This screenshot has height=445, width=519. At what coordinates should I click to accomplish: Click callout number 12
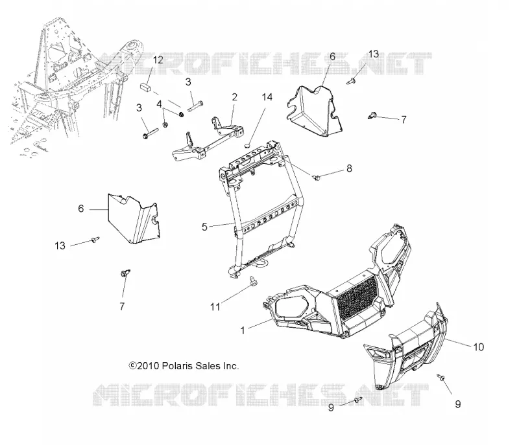coord(158,60)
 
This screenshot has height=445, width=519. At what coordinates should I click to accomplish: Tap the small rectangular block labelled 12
coord(145,87)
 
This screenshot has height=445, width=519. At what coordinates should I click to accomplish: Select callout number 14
coord(267,97)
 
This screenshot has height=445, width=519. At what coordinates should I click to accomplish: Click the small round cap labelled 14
coord(248,146)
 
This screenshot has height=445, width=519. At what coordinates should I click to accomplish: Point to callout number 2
coord(235,97)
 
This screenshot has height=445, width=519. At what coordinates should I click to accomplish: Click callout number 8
coord(349,168)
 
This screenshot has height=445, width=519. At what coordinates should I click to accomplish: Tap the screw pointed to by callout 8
coord(317,178)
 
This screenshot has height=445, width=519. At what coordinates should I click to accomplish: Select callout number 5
coord(204,227)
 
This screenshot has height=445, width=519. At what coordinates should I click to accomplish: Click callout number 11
coord(215,307)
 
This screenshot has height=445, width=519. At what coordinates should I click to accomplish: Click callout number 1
coord(243,330)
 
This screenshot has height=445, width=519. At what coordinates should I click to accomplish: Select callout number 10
coord(479,347)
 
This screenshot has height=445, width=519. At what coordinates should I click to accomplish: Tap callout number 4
coord(159,104)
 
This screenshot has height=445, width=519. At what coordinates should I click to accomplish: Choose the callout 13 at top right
coord(374,54)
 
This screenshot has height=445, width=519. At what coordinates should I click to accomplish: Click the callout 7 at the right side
coord(404,120)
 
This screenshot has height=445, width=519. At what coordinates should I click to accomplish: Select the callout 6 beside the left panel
coord(81,209)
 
